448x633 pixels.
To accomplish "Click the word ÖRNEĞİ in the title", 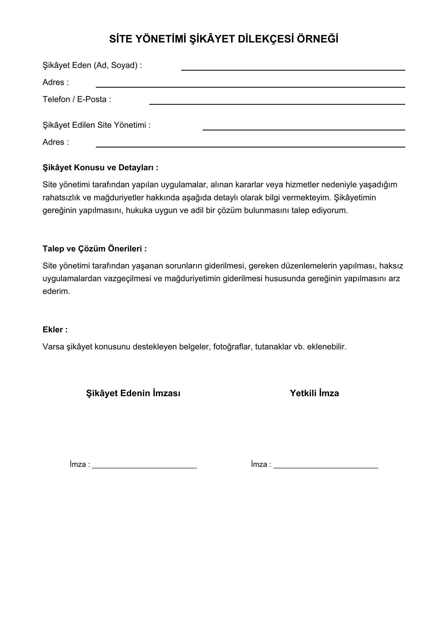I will click(317, 39).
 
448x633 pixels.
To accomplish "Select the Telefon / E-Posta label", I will click(77, 99).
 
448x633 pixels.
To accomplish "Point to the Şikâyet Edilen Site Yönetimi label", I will click(96, 125).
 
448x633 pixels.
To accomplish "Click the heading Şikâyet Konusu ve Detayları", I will click(100, 168).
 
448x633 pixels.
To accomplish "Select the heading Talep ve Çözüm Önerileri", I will click(95, 249).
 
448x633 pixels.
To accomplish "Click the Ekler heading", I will click(55, 330).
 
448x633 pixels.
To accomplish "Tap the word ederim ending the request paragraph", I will click(56, 291).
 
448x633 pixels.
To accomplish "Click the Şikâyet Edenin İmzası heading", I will click(133, 393).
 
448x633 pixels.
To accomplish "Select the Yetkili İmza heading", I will click(314, 393).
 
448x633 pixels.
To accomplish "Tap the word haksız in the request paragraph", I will click(391, 266).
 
